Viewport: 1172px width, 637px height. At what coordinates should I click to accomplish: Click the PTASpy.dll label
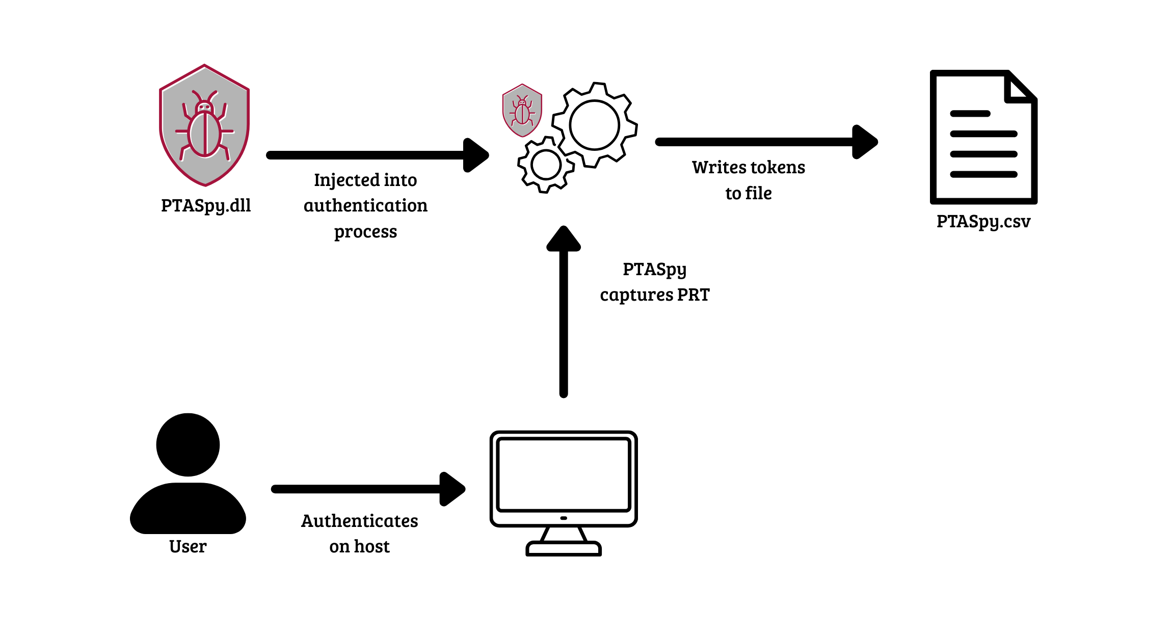pyautogui.click(x=206, y=205)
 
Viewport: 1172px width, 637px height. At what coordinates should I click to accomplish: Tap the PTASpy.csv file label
pyautogui.click(x=983, y=221)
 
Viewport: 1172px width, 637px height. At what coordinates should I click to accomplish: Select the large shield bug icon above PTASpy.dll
pyautogui.click(x=204, y=125)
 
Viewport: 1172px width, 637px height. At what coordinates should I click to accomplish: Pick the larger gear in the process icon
pyautogui.click(x=594, y=125)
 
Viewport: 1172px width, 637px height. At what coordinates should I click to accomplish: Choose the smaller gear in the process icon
pyautogui.click(x=546, y=165)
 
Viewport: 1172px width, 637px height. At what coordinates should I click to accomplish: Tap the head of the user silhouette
pyautogui.click(x=188, y=444)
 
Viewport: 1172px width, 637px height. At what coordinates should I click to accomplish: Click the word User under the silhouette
pyautogui.click(x=188, y=546)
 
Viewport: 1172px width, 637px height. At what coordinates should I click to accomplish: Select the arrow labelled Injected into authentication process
pyautogui.click(x=377, y=155)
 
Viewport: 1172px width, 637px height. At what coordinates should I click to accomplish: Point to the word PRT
pyautogui.click(x=694, y=295)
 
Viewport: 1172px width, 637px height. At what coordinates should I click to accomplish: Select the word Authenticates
pyautogui.click(x=359, y=521)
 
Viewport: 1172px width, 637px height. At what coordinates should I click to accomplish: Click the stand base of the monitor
pyautogui.click(x=564, y=549)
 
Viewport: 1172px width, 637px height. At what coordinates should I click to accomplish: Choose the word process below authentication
pyautogui.click(x=365, y=232)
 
